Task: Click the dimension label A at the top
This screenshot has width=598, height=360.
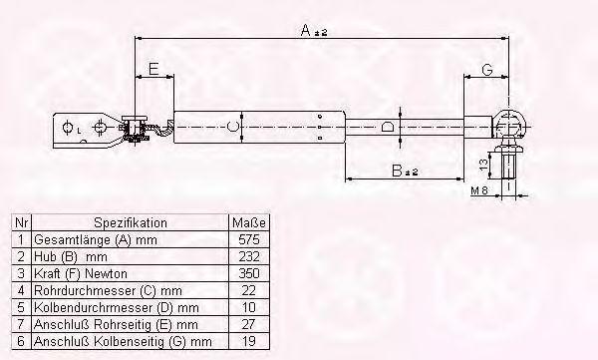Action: click(x=306, y=30)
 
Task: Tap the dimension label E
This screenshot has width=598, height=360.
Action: click(x=153, y=69)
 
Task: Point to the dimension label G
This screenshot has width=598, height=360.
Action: click(x=487, y=70)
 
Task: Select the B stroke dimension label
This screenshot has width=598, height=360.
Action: click(x=397, y=171)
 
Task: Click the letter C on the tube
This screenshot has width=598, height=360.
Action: click(x=232, y=127)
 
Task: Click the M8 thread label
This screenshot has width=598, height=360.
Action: click(x=479, y=190)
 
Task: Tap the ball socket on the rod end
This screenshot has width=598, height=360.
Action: click(x=509, y=124)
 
